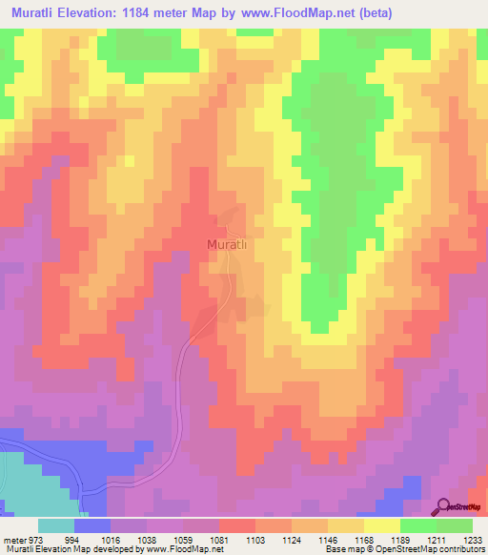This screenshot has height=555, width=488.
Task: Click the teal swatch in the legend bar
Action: [x=55, y=525]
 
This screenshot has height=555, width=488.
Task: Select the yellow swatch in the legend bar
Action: [x=381, y=525]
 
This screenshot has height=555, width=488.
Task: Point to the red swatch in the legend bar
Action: [x=236, y=525]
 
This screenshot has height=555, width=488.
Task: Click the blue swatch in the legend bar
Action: [x=92, y=525]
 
